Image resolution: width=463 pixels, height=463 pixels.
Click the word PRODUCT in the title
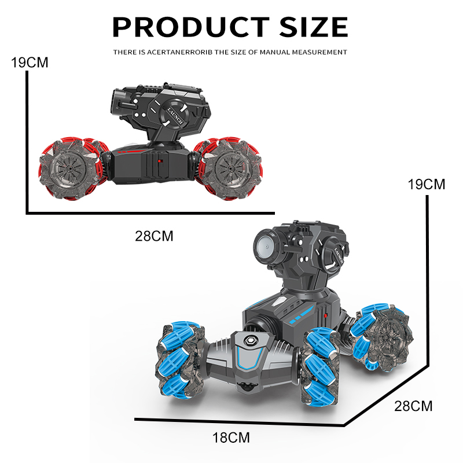(191, 27)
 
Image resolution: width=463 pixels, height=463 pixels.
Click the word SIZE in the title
(314, 27)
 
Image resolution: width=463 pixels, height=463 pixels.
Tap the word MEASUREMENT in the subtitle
(319, 52)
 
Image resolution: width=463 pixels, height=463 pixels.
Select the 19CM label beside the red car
(30, 63)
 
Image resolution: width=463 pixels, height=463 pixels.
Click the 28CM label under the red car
(154, 236)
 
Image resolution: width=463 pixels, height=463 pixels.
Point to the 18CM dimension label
(231, 438)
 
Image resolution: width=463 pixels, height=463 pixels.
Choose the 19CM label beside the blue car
(427, 185)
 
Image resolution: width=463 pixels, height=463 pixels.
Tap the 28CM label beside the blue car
(413, 406)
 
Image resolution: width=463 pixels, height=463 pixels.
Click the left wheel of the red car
(70, 168)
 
